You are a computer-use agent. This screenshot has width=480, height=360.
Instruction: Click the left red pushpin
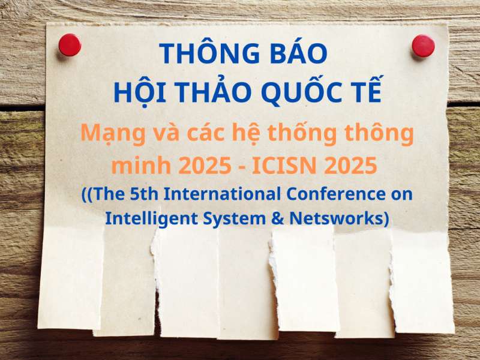[70, 45]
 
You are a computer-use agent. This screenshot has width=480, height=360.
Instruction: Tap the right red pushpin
[423, 46]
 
